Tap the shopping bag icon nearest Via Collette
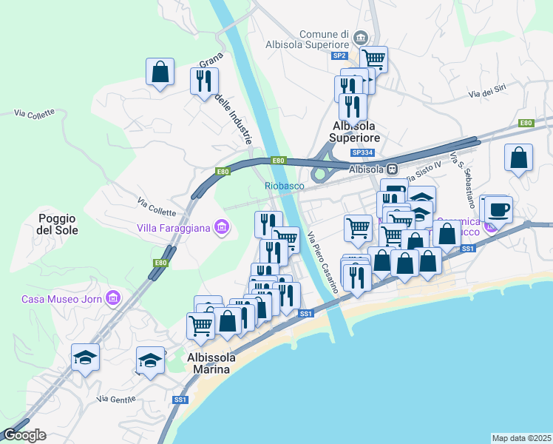coord(160,72)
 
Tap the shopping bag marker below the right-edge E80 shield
coord(519,157)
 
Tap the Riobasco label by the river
coord(285,186)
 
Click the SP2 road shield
coord(339,55)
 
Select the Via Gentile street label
coord(117,400)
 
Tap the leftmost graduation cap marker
coord(85,357)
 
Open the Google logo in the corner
coord(24,435)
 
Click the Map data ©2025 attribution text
coord(521,437)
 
